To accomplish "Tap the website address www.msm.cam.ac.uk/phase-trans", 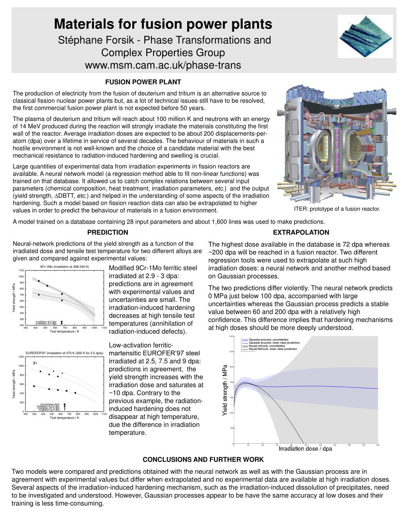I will click(x=163, y=65).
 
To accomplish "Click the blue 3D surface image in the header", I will click(x=365, y=36).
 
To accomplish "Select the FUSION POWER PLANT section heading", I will click(x=143, y=82).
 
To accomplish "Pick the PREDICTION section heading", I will click(x=108, y=232).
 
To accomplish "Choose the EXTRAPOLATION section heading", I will click(x=301, y=232).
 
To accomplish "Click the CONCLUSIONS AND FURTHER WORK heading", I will click(x=203, y=460).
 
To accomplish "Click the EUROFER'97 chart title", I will click(x=65, y=353).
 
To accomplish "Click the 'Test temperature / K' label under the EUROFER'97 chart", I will click(x=65, y=418).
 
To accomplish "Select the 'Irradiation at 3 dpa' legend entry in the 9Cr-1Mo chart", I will click(x=46, y=321).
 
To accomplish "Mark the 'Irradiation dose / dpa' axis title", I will click(x=305, y=449).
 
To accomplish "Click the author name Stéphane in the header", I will click(x=78, y=40).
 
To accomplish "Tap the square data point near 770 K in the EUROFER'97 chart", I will click(x=75, y=393).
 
